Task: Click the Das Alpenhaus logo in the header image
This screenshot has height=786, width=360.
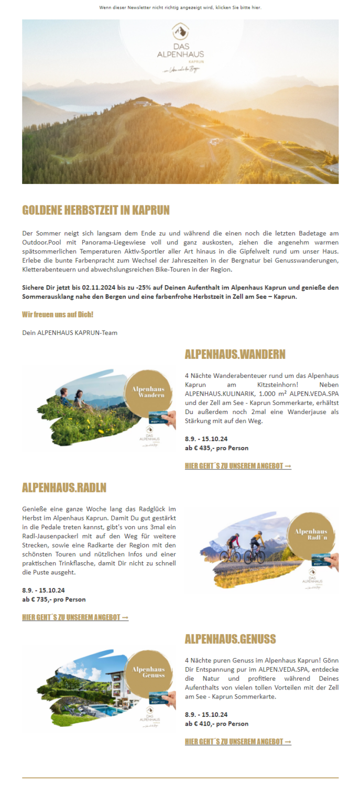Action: (180, 47)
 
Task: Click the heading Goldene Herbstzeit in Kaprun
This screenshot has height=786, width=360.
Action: (96, 211)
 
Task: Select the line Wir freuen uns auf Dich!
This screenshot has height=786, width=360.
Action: (58, 314)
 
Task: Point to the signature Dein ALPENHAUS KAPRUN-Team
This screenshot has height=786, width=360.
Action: (70, 332)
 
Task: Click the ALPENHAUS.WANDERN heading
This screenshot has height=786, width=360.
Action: (235, 355)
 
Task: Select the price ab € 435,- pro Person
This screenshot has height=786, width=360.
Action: (216, 448)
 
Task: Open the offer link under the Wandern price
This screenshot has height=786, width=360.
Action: (238, 466)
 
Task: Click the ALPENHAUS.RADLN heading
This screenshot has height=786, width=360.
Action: (64, 488)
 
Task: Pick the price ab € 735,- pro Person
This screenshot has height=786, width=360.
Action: (54, 599)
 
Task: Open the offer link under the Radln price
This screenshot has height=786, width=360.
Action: (75, 617)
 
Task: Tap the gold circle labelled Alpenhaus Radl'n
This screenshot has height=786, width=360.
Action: (311, 536)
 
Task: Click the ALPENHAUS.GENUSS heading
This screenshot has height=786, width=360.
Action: (230, 639)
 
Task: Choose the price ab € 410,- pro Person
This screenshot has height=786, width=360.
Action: (216, 724)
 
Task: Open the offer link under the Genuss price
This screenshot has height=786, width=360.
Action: (238, 741)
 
